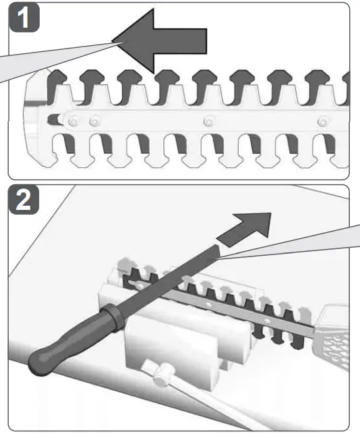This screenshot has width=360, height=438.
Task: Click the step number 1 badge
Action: pos(24,18)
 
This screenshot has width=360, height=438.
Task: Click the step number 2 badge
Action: pos(24,200)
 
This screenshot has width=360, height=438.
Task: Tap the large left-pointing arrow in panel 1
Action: pos(159,41)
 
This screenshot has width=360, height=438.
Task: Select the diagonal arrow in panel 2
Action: pos(243,229)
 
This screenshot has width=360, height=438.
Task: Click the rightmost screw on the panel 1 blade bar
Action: pos(323,121)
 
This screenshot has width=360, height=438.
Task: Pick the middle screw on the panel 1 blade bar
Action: pos(209,121)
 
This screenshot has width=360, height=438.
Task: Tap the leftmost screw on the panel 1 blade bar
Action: pos(73,121)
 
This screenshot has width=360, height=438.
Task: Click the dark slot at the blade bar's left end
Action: pos(53,120)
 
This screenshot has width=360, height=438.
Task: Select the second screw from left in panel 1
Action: pos(95,121)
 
